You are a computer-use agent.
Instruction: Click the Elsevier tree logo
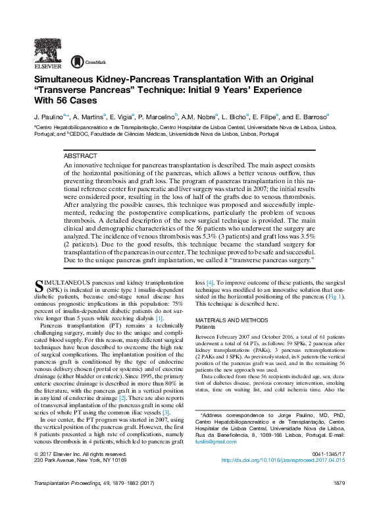point(48,48)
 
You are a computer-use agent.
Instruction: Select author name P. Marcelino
point(158,116)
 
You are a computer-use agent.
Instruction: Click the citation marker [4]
point(209,282)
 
